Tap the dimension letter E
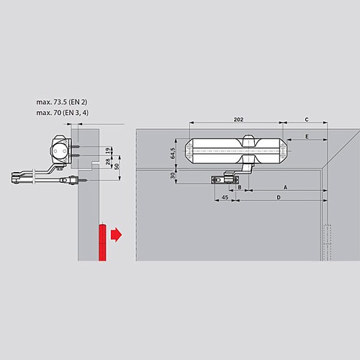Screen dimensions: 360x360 (x=307, y=136)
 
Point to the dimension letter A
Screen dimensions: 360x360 (x=285, y=186)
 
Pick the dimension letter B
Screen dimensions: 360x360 (x=239, y=186)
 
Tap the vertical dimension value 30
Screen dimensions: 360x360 (x=174, y=176)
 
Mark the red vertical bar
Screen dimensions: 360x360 (x=103, y=243)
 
